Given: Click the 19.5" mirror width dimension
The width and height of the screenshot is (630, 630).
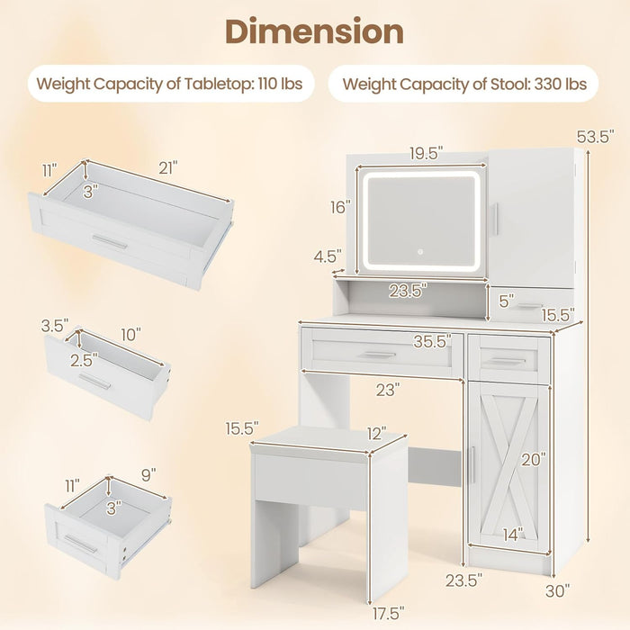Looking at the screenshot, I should pyautogui.click(x=426, y=154).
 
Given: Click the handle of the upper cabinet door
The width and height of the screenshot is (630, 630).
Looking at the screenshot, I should pyautogui.click(x=495, y=220).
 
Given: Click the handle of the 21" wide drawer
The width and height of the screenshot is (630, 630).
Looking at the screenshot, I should pyautogui.click(x=110, y=242).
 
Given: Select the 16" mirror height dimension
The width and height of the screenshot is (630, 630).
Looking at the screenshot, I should pyautogui.click(x=338, y=207).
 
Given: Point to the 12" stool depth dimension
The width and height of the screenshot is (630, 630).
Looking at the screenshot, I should pyautogui.click(x=376, y=434).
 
